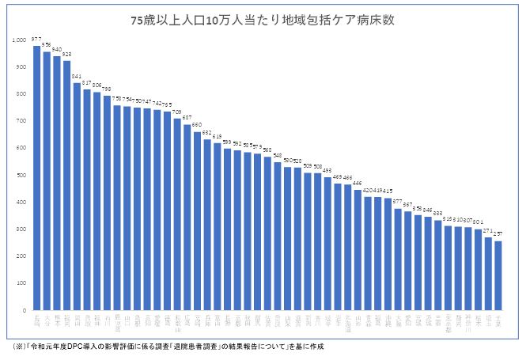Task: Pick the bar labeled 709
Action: point(176,214)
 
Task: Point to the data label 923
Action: point(66,54)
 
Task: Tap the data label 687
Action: point(187,117)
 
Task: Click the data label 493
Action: point(327,170)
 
